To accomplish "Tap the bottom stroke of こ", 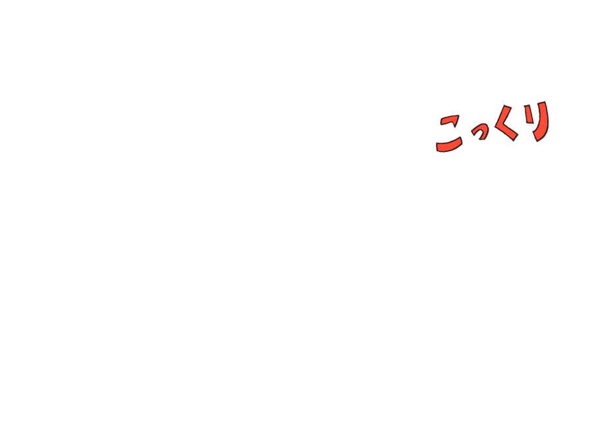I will pyautogui.click(x=449, y=146).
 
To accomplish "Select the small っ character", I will pyautogui.click(x=480, y=134).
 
